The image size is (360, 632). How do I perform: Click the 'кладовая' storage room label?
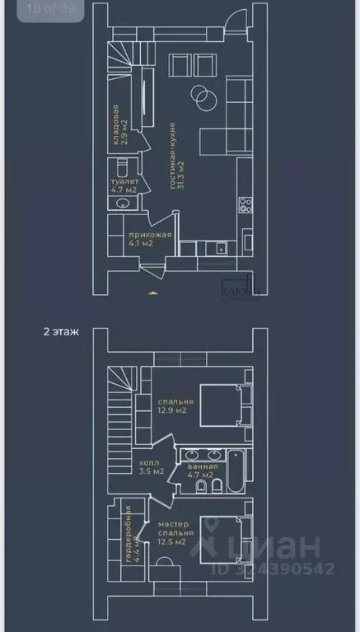115,124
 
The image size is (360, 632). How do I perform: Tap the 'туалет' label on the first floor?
123,180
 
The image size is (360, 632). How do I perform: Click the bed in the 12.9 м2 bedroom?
221,405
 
